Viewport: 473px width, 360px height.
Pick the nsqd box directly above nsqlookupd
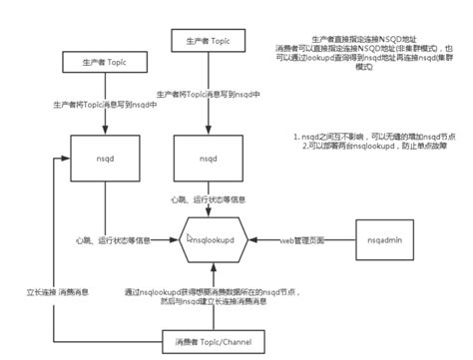(x=208, y=159)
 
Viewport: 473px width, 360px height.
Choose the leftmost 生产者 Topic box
(x=104, y=63)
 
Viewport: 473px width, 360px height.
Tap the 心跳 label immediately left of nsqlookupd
(x=113, y=240)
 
